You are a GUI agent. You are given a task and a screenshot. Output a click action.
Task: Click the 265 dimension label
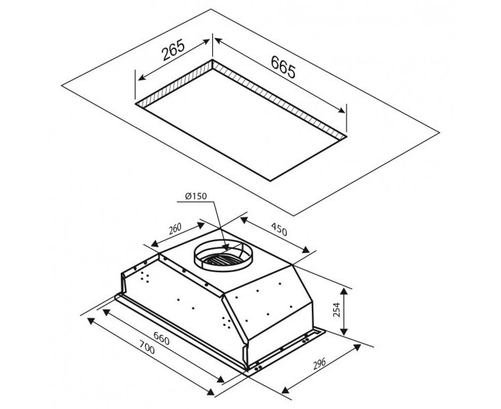click(173, 50)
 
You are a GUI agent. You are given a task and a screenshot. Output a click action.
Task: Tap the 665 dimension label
click(283, 67)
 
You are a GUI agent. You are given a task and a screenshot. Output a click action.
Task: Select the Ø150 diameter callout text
click(196, 196)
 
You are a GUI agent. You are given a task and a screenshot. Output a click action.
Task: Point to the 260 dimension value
click(175, 229)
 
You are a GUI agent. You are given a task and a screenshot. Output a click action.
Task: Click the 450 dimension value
click(279, 229)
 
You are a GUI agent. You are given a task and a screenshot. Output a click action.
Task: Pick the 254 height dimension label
click(337, 309)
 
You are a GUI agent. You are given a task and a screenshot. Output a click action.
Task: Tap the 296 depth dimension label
click(319, 364)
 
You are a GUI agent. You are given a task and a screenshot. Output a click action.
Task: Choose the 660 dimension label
click(161, 338)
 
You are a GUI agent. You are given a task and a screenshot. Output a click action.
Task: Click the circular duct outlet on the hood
click(224, 255)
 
